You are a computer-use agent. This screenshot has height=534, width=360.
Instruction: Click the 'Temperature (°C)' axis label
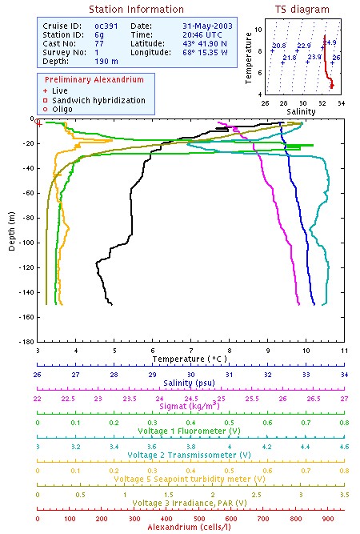click(x=190, y=360)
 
